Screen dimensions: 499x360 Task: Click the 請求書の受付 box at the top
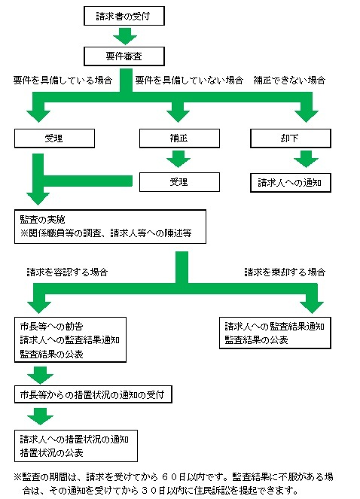click(x=124, y=14)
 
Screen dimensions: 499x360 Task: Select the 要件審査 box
click(x=124, y=56)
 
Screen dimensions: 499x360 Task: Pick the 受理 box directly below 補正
click(x=178, y=182)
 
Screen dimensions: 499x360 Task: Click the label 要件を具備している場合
click(x=63, y=80)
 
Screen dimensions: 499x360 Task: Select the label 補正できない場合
click(x=290, y=80)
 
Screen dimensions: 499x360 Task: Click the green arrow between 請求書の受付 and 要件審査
click(x=124, y=35)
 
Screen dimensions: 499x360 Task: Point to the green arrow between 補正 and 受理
click(x=178, y=160)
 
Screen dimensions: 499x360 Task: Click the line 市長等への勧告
click(x=52, y=326)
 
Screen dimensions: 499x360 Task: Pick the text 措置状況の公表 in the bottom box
click(x=52, y=453)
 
